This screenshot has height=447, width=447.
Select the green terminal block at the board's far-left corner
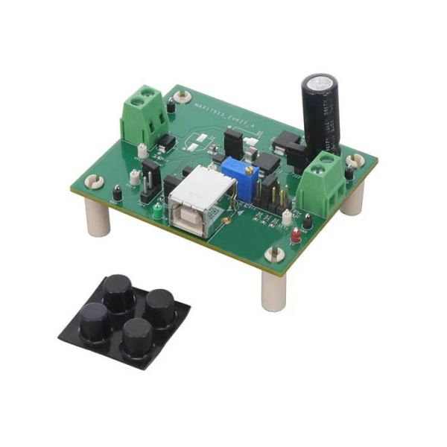(144, 115)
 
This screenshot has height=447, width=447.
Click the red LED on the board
(296, 237)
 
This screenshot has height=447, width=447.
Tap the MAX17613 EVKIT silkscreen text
(223, 115)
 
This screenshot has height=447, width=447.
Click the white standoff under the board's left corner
(98, 218)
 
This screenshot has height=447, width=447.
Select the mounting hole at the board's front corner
(274, 254)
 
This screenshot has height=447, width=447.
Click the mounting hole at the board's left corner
(95, 180)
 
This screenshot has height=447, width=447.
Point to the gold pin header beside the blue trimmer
(267, 193)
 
